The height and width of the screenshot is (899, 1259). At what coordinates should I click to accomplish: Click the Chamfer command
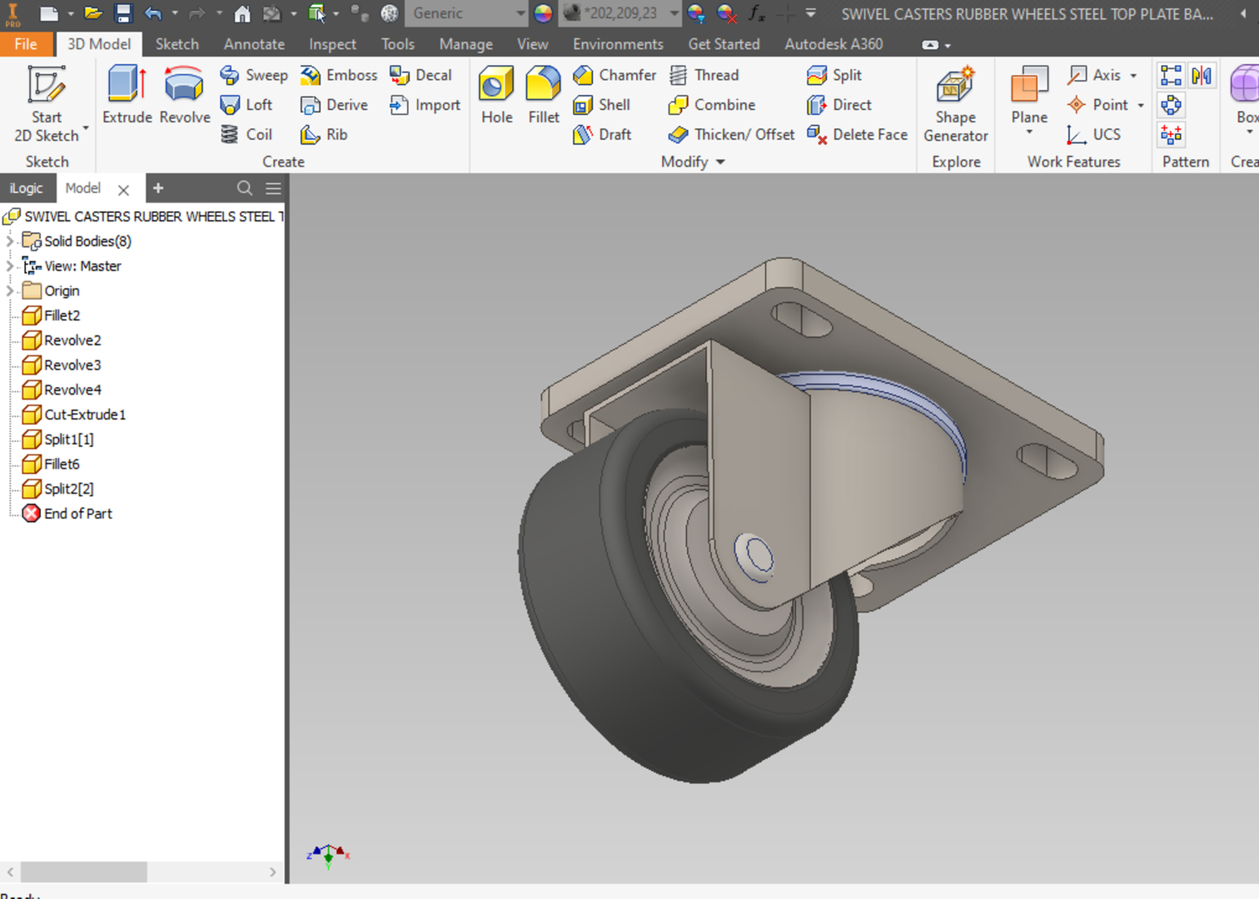[615, 75]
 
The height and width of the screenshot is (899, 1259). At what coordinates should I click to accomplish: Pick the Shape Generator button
[955, 104]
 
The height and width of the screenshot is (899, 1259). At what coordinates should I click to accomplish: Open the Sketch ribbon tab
[177, 44]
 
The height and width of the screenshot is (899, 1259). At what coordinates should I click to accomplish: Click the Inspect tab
[332, 44]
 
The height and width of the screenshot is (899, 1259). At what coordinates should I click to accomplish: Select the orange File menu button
[26, 44]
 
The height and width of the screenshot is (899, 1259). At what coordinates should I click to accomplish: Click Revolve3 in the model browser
[72, 365]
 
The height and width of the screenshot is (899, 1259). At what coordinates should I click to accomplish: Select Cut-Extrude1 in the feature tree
[84, 415]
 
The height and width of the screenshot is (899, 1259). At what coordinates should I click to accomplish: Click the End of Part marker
[77, 514]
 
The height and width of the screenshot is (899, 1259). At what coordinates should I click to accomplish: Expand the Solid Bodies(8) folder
[10, 241]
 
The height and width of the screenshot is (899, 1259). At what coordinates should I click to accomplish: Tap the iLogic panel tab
[26, 188]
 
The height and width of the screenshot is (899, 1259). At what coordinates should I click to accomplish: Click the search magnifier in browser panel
[244, 188]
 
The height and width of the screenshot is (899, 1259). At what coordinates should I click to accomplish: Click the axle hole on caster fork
[756, 554]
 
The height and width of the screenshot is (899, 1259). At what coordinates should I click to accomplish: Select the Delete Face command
[858, 134]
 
